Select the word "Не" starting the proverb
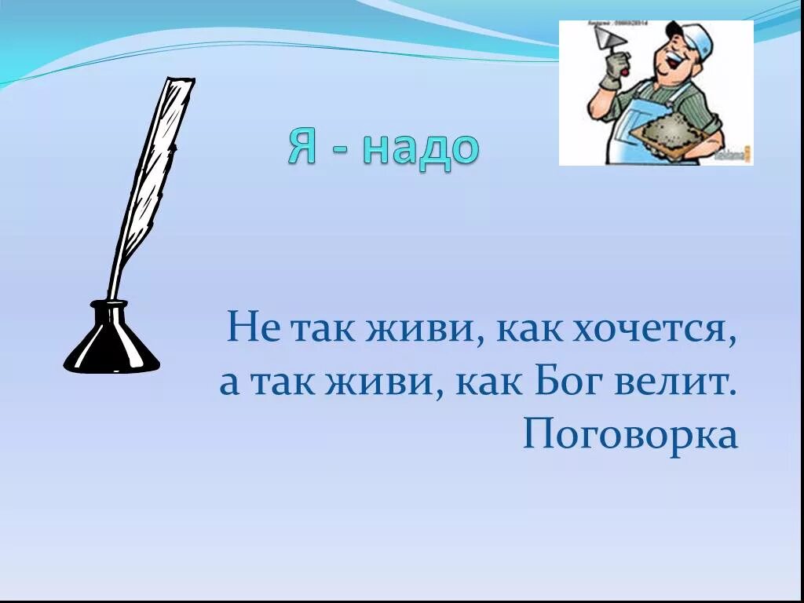point(253,327)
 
